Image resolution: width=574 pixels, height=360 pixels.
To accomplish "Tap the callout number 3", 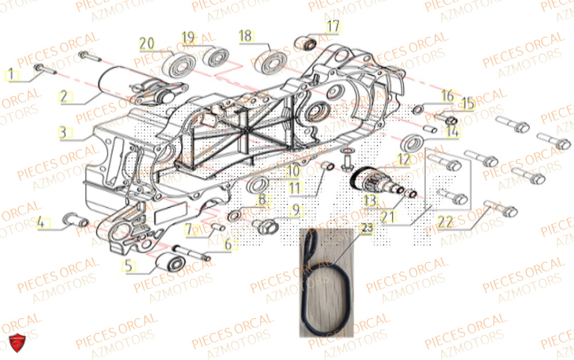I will [x=65, y=133].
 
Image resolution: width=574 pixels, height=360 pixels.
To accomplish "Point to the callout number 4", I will [x=41, y=222].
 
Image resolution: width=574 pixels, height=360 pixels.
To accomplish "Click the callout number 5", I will [x=129, y=266].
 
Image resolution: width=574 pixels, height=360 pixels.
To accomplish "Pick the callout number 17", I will [x=333, y=26].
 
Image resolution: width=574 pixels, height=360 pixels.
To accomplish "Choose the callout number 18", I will [x=245, y=36].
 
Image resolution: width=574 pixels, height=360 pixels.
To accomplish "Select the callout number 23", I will [x=366, y=227].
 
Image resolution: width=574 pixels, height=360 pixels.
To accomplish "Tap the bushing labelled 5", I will [x=169, y=264].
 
